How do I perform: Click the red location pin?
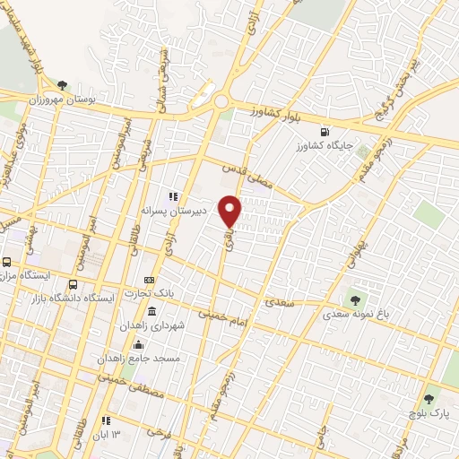(230, 209)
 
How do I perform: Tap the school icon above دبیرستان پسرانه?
(174, 196)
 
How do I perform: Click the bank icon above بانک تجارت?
(149, 281)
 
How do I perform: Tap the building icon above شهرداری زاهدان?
(151, 312)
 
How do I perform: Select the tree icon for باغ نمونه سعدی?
(356, 300)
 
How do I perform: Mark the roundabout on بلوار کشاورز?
(221, 102)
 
